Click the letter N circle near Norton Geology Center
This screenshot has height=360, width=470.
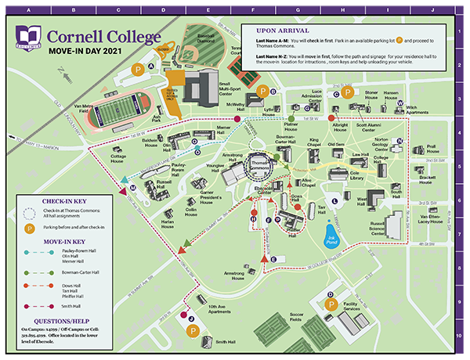pyautogui.click(x=399, y=141)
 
